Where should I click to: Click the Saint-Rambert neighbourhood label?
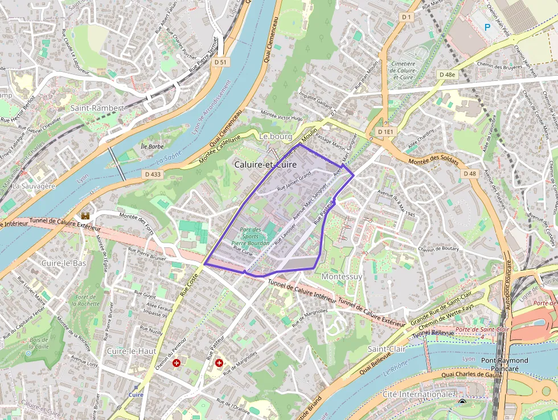pyautogui.click(x=97, y=108)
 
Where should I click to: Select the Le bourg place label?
pyautogui.click(x=275, y=137)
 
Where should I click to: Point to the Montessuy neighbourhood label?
pyautogui.click(x=342, y=276)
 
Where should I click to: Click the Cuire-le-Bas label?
pyautogui.click(x=64, y=263)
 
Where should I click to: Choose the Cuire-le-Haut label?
pyautogui.click(x=132, y=351)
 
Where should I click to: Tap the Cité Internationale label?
pyautogui.click(x=417, y=394)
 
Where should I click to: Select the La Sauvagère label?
pyautogui.click(x=34, y=186)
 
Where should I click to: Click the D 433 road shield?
pyautogui.click(x=153, y=174)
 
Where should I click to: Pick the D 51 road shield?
pyautogui.click(x=220, y=62)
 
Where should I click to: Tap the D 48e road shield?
pyautogui.click(x=448, y=75)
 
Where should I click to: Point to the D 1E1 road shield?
pyautogui.click(x=385, y=132)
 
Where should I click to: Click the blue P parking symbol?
pyautogui.click(x=487, y=26)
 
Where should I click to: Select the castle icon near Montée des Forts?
pyautogui.click(x=86, y=216)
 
